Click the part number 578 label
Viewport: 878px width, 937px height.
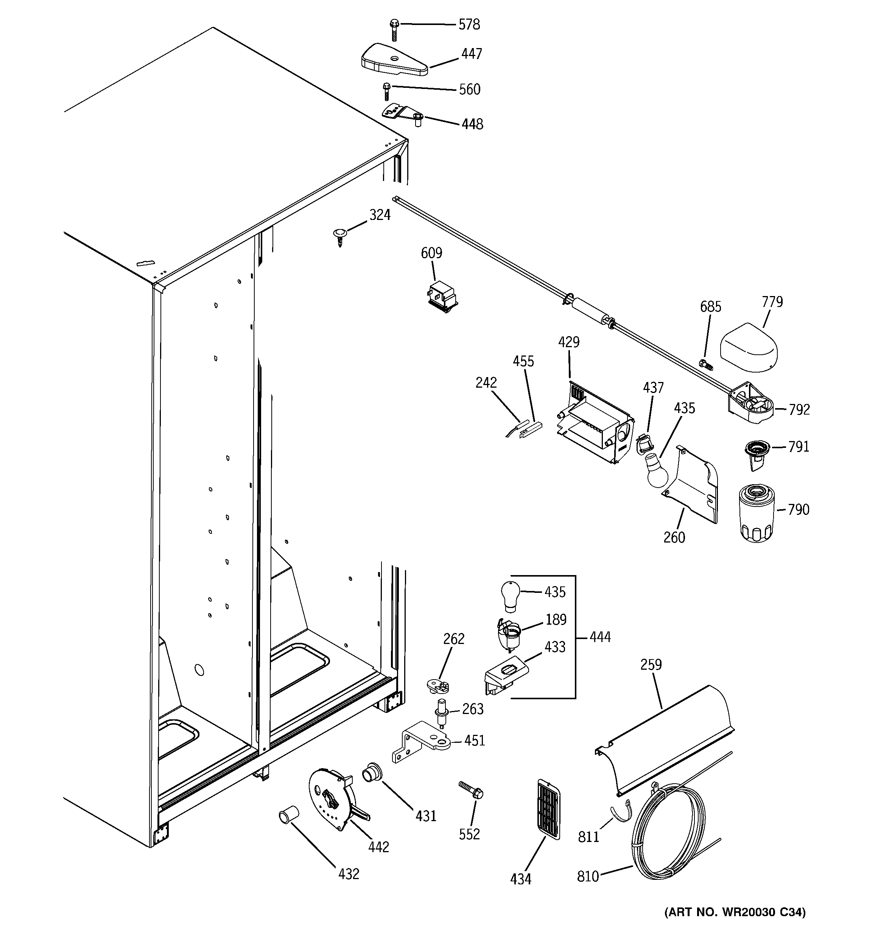coord(469,25)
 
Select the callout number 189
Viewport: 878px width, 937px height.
coord(556,619)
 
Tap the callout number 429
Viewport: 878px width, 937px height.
coord(568,342)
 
